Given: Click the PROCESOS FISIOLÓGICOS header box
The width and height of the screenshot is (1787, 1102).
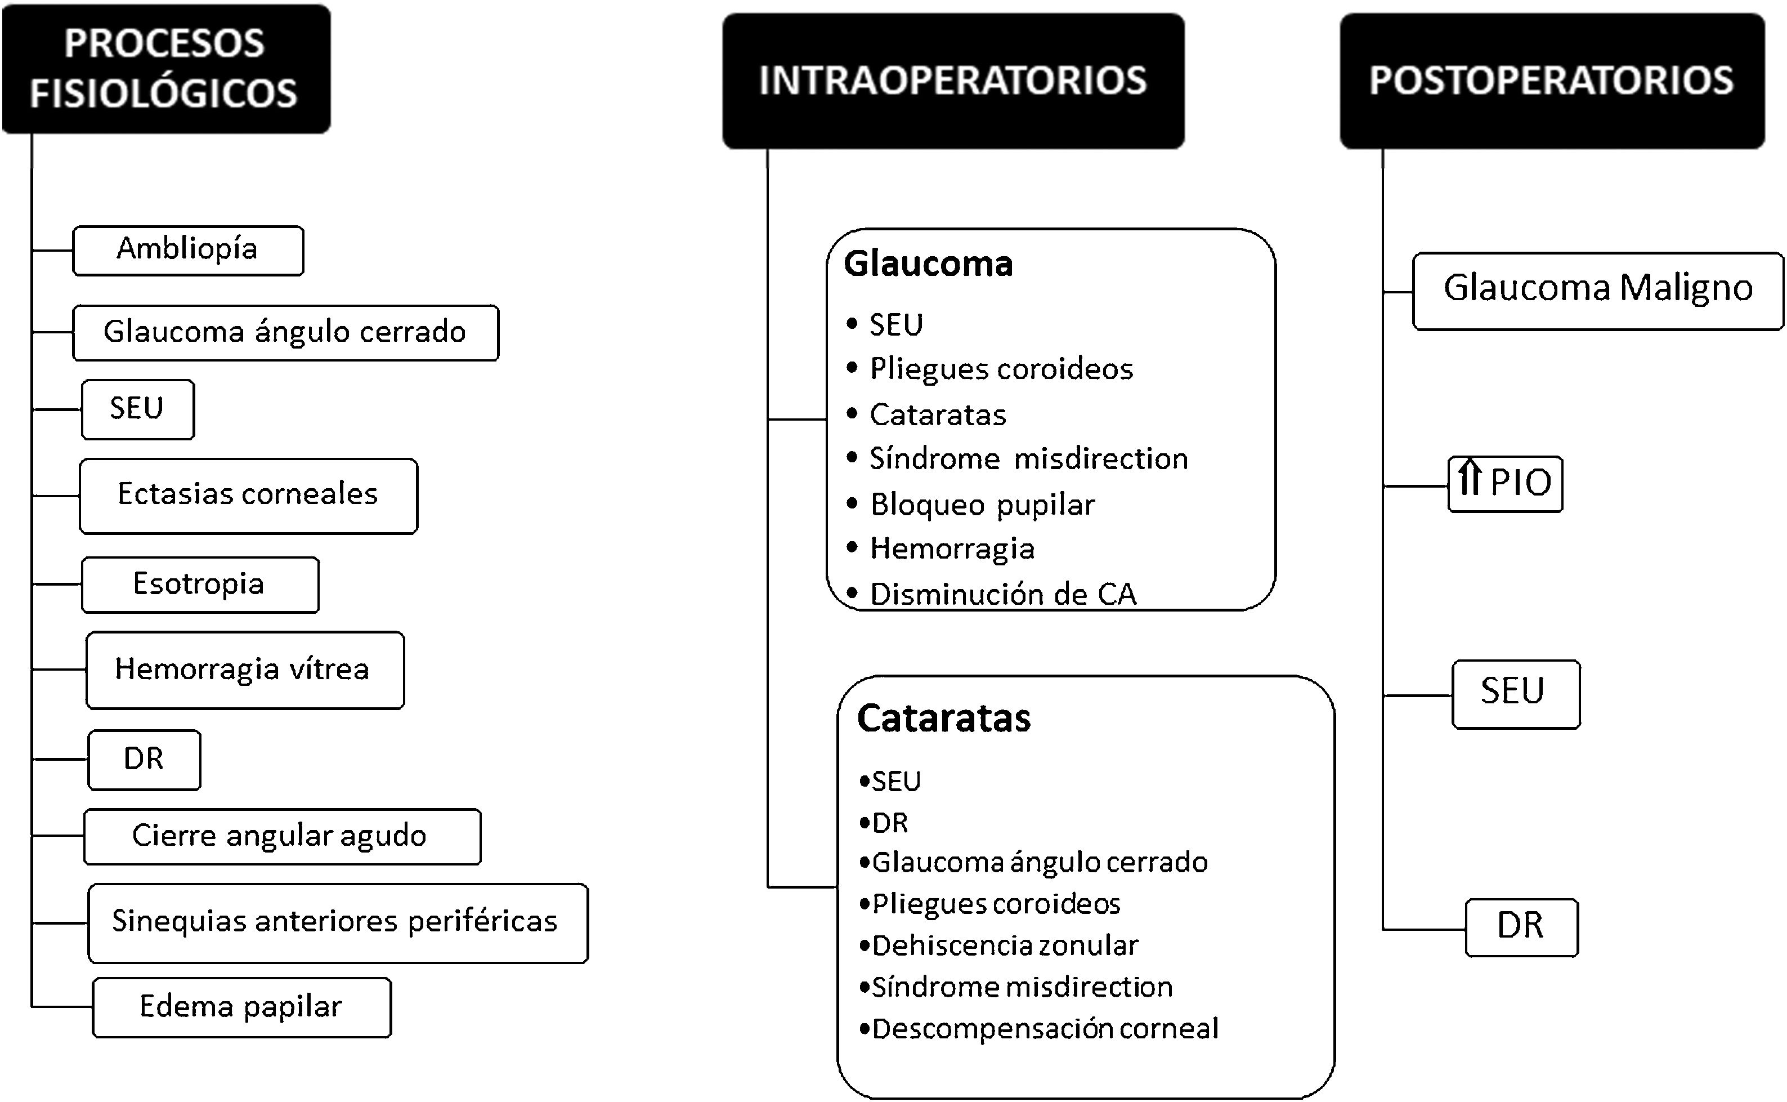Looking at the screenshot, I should point(166,69).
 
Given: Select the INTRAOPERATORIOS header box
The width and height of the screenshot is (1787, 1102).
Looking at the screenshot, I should point(953,81).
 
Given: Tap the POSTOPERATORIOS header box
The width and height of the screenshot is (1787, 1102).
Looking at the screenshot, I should point(1552,81).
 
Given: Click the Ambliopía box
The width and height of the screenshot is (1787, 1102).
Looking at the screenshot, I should point(188,250).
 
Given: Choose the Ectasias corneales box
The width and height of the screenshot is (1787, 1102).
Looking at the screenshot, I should point(248,496).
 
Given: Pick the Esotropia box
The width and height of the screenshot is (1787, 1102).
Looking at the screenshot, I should point(200,585).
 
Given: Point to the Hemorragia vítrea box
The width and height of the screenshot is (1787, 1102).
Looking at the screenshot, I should point(244,670).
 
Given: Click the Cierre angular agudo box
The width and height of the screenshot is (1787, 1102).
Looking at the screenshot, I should point(281,836).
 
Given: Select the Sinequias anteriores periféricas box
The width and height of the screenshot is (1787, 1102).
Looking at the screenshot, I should point(337,922).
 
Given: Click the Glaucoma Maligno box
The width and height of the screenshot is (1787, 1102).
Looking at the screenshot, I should point(1597,290).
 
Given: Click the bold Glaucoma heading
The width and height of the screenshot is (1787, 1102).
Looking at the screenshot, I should point(928,264).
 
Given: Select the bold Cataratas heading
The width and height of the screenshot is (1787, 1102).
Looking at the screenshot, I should point(944,719).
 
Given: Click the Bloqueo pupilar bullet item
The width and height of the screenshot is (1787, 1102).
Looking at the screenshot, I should point(982,505).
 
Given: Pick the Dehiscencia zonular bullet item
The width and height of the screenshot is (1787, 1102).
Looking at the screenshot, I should point(1005,945).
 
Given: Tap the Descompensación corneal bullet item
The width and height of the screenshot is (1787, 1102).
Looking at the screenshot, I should point(1045,1028).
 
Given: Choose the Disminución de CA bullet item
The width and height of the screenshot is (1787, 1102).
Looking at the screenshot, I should point(1002,594).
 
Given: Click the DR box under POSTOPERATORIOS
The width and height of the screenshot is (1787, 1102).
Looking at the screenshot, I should point(1521,926).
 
